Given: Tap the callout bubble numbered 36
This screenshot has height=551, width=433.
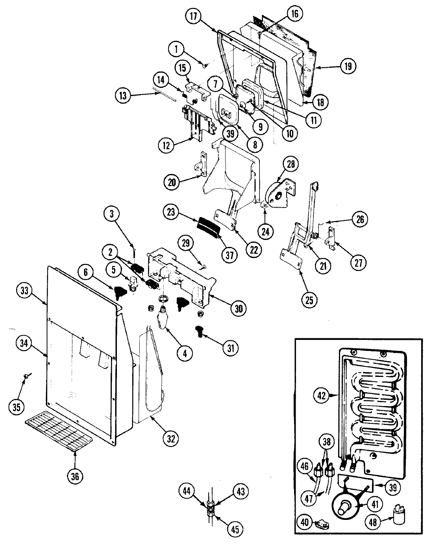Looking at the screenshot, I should click(x=75, y=476).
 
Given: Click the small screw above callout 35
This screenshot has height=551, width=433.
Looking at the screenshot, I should click(x=26, y=377).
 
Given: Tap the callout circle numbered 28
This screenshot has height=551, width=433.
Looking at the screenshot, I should click(x=292, y=165).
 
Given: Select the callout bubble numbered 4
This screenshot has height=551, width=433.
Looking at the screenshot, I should click(x=184, y=353).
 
